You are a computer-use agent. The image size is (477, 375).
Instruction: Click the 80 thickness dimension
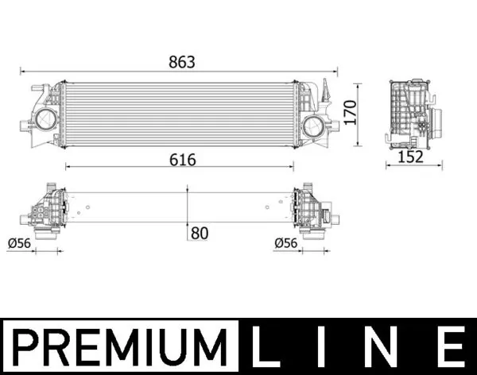coord(200,233)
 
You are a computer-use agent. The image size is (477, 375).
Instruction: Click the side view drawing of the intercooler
coord(411,115)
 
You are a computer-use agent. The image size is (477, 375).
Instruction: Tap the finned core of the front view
coord(179,113)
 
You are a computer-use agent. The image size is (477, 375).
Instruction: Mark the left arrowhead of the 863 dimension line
coord(23,72)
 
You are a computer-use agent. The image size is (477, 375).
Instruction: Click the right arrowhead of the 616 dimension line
coord(294,167)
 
